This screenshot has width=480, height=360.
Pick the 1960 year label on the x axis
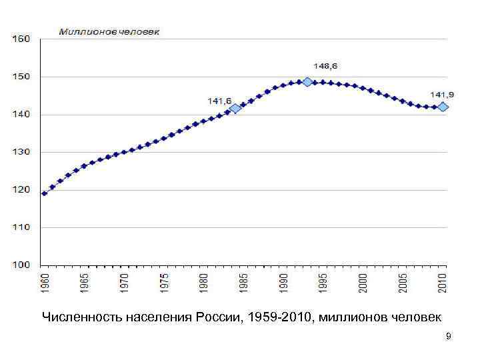(45, 282)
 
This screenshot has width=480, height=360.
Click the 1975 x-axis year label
(164, 282)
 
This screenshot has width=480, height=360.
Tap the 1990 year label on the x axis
(284, 282)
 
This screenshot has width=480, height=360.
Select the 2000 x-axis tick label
(363, 282)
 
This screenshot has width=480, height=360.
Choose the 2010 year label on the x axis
(443, 282)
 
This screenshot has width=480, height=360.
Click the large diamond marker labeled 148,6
(307, 82)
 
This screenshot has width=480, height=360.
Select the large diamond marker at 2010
(443, 107)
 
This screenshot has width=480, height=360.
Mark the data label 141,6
(219, 101)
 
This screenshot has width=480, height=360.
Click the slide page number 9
(449, 337)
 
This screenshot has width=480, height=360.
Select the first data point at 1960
(45, 193)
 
